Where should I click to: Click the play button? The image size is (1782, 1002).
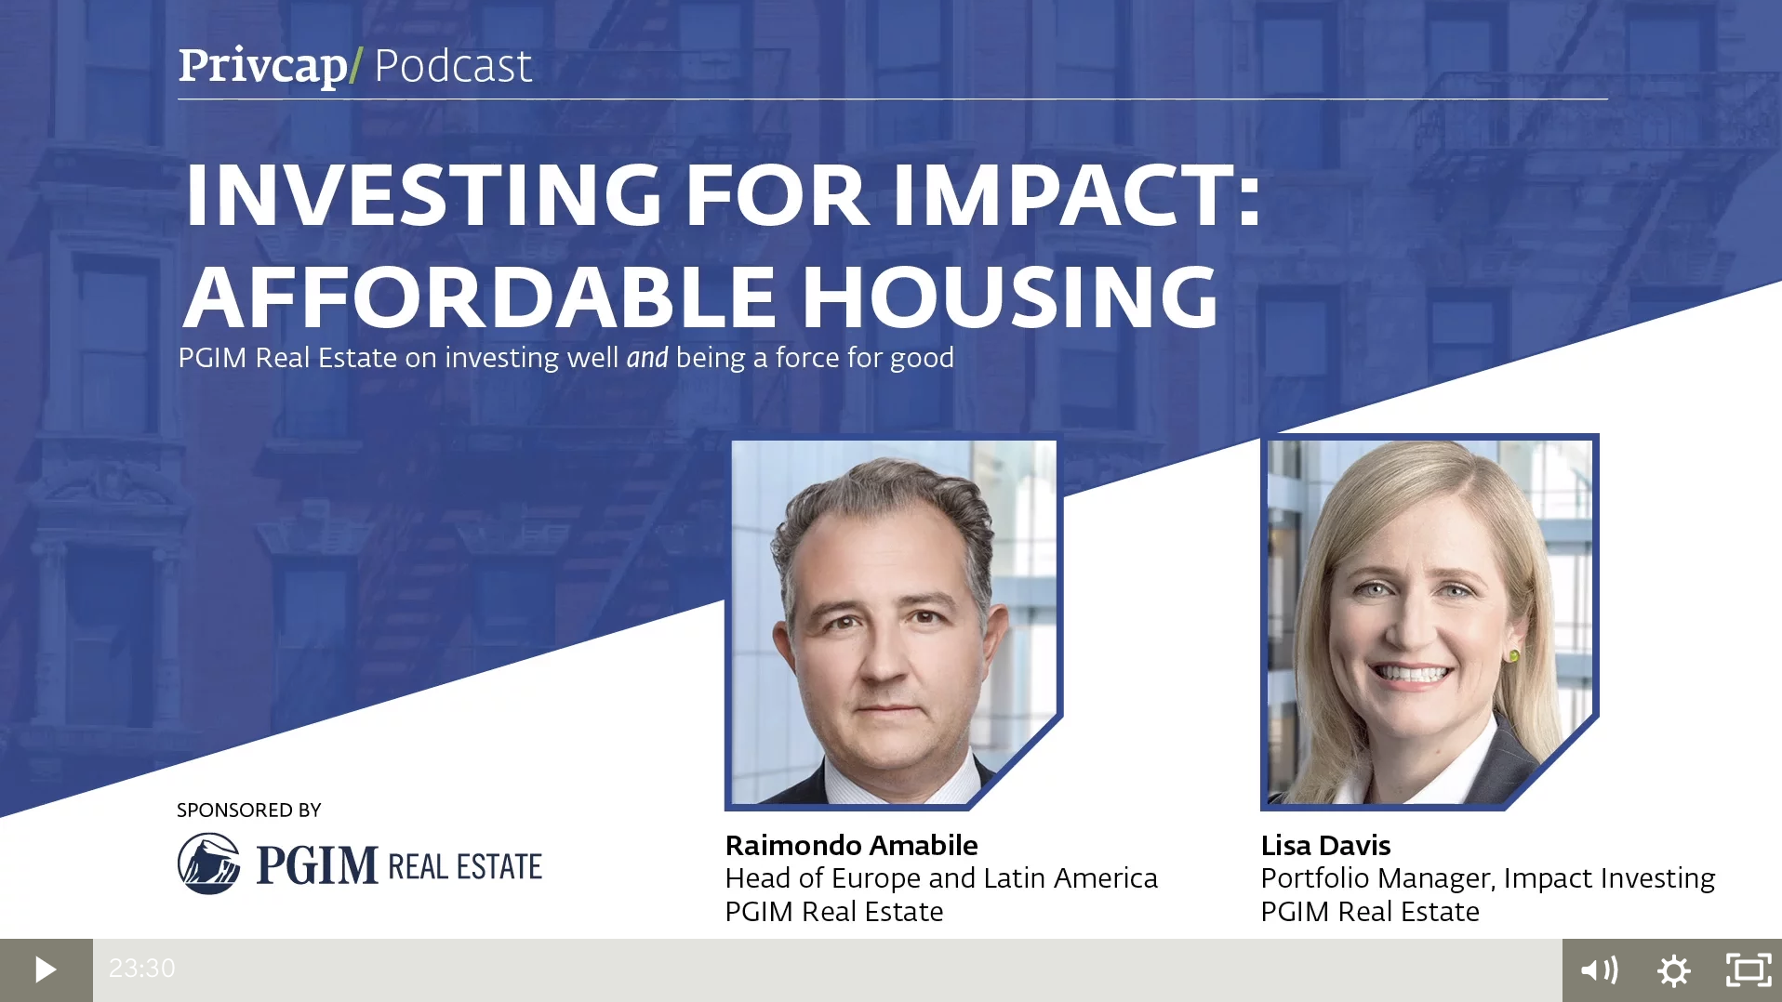(x=46, y=969)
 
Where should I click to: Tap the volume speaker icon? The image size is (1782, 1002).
(x=1599, y=970)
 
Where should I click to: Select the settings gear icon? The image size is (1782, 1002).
(x=1673, y=970)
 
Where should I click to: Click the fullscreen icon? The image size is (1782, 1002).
(x=1749, y=970)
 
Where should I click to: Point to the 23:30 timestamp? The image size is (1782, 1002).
(x=141, y=969)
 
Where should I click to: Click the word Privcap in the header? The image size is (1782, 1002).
(x=263, y=66)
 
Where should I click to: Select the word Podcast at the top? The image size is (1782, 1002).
(x=453, y=66)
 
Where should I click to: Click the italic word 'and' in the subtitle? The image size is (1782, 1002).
(x=647, y=358)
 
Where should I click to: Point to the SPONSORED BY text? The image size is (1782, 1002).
(x=249, y=811)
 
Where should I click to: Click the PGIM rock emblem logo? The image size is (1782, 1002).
(x=209, y=864)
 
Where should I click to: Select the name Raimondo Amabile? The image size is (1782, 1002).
(x=851, y=845)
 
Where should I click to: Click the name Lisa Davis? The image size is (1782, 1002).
(x=1325, y=845)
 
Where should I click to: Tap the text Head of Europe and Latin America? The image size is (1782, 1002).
(x=941, y=878)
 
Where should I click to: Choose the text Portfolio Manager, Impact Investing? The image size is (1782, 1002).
(x=1488, y=879)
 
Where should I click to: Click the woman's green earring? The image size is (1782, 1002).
(x=1515, y=656)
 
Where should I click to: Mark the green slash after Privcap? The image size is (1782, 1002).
(x=355, y=67)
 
